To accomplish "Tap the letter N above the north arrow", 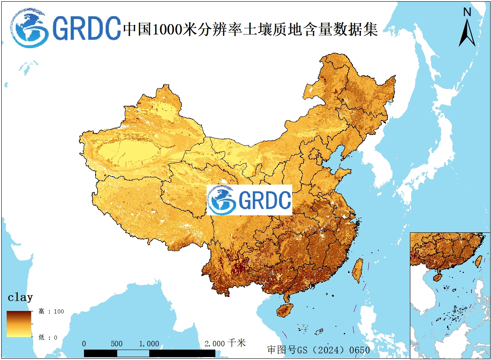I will click(467, 12).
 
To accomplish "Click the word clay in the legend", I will click(20, 297).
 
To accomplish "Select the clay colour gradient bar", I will click(19, 324).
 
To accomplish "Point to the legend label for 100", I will click(51, 311).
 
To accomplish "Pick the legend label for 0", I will click(48, 337).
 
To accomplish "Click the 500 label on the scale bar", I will click(117, 344).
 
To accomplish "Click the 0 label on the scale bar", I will click(84, 344).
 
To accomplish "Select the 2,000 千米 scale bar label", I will click(225, 343).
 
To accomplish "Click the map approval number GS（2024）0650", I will click(318, 350).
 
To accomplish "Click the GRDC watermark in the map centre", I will click(249, 200).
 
